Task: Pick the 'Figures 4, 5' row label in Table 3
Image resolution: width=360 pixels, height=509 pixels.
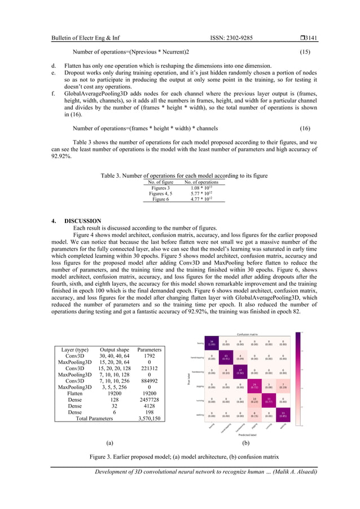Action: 160,193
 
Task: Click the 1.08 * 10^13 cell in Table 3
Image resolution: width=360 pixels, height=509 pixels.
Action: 204,187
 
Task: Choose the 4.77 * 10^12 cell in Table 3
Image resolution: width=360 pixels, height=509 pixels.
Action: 204,199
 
